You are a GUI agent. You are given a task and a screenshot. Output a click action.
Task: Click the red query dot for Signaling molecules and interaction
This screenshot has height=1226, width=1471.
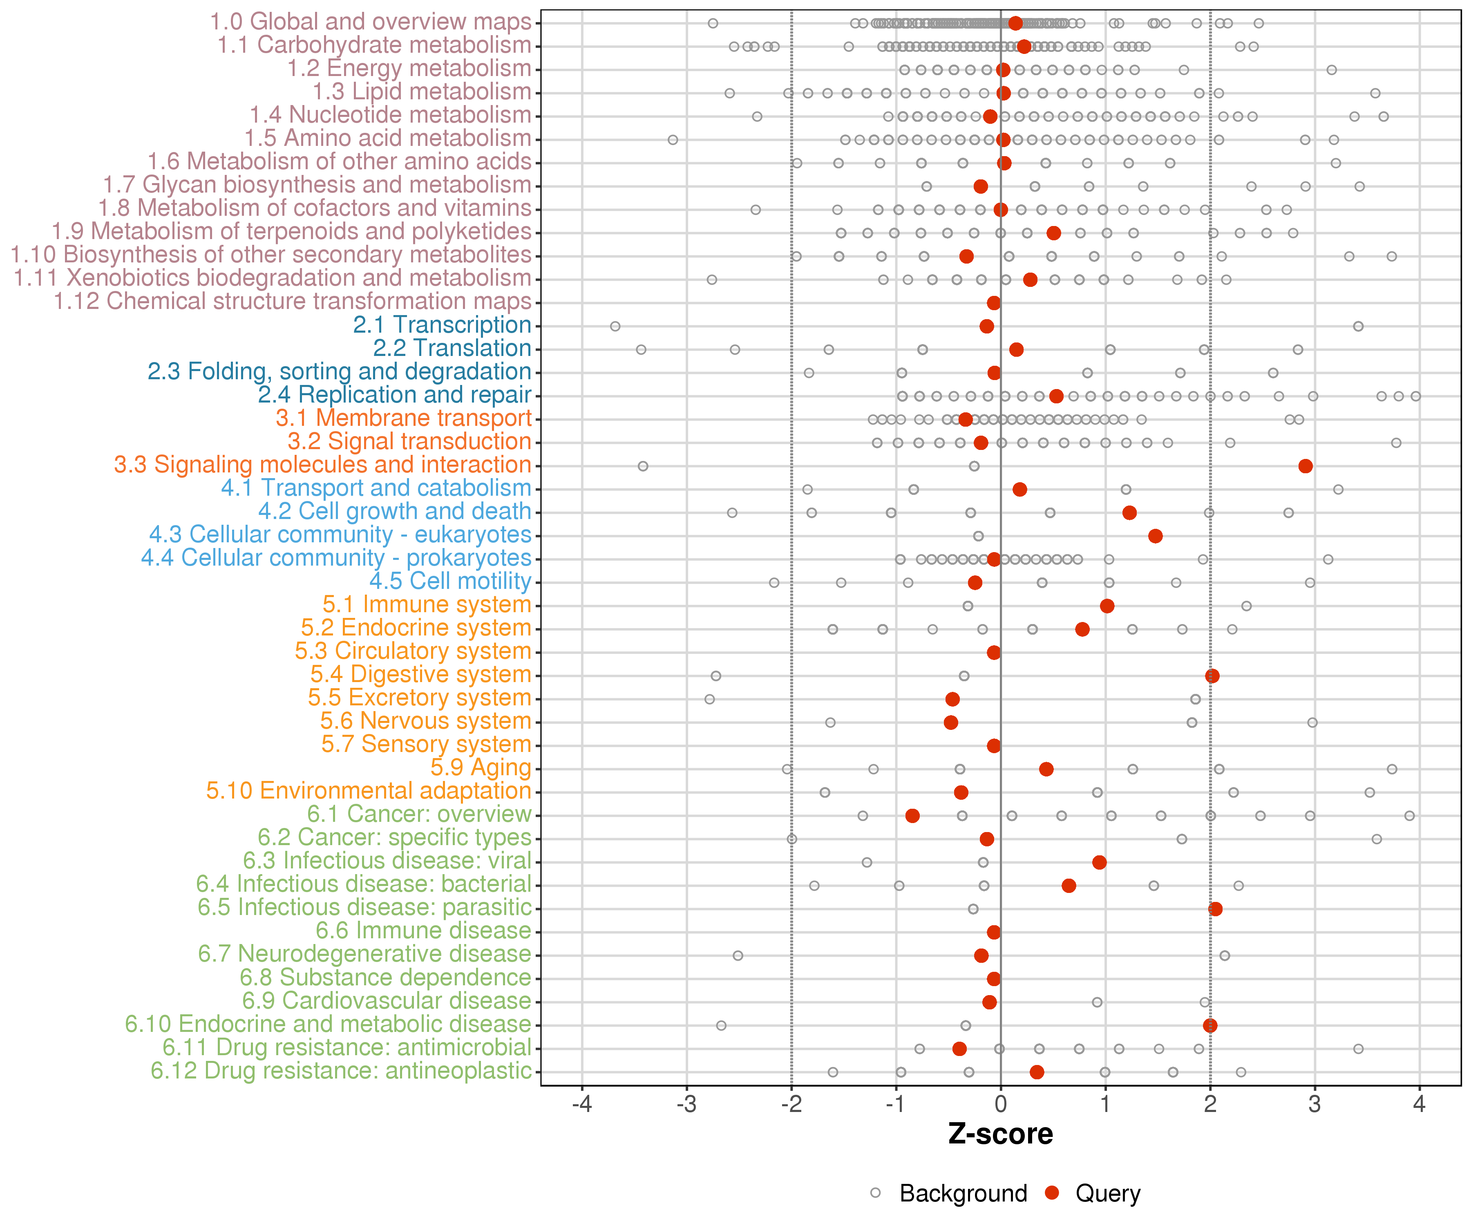(1305, 466)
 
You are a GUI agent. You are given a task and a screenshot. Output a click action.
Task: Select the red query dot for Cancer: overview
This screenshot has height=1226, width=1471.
(912, 815)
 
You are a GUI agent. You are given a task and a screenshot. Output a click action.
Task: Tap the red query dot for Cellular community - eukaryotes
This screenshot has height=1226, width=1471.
(1155, 536)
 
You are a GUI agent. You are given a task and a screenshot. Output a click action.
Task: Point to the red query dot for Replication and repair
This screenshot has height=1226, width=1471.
(1056, 396)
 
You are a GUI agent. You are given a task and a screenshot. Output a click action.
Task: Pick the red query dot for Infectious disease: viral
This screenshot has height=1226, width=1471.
(1099, 862)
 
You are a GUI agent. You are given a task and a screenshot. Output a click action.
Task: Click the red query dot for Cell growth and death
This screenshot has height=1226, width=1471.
(1129, 513)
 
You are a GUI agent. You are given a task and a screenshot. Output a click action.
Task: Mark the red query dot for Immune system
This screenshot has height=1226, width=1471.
(1107, 606)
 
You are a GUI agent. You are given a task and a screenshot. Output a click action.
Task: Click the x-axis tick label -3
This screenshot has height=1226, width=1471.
(686, 1105)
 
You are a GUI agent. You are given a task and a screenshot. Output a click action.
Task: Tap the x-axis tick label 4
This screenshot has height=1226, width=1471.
(1419, 1105)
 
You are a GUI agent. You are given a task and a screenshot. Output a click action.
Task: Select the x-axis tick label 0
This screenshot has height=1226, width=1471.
(1000, 1105)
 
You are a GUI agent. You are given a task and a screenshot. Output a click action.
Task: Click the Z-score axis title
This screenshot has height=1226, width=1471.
(1000, 1134)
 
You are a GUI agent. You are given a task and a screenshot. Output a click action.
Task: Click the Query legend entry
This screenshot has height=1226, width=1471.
(1093, 1193)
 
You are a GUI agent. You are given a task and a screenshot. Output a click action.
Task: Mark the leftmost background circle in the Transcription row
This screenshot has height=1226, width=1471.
(615, 327)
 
